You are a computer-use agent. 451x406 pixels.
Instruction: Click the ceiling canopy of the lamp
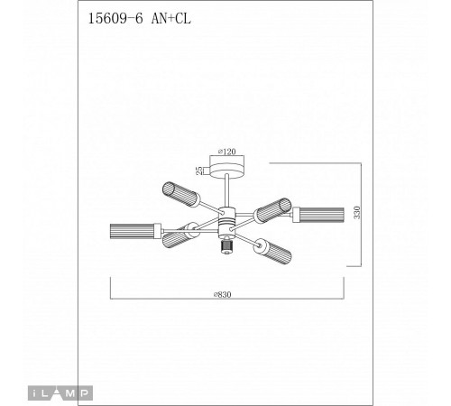[226, 169]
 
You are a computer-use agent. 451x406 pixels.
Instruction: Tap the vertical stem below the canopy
[226, 189]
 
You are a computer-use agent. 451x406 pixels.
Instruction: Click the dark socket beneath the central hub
[225, 245]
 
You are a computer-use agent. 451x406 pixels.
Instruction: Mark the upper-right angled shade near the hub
[267, 213]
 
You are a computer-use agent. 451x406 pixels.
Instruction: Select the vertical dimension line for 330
[364, 215]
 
